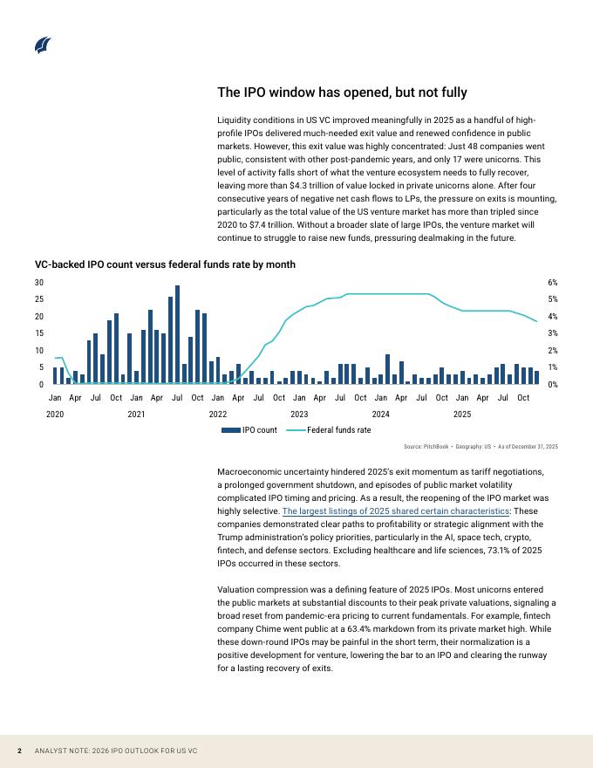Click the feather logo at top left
coord(43,45)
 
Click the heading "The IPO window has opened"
coord(342,93)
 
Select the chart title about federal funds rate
coord(165,264)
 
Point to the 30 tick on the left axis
coord(38,283)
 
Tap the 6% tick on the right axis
coord(553,283)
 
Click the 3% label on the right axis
coord(553,333)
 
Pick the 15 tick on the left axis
coord(38,333)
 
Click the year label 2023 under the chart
coord(299,414)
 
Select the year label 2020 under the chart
coord(55,414)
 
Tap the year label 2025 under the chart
coord(462,414)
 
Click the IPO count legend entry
coord(250,430)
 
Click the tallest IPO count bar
coord(177,334)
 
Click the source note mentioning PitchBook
coord(481,447)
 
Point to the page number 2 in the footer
coord(19,751)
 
